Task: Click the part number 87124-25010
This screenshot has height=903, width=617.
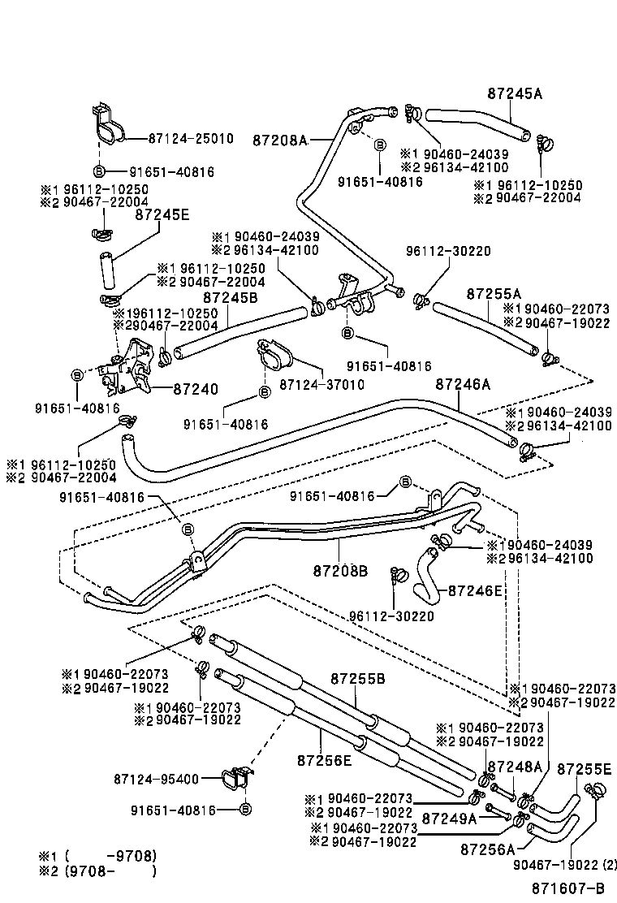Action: [191, 139]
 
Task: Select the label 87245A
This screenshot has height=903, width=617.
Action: [515, 93]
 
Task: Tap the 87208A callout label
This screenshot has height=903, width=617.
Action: [280, 140]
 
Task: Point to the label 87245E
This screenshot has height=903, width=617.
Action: [162, 214]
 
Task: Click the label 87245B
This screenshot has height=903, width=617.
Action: [230, 298]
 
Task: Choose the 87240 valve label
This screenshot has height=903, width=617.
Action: [195, 389]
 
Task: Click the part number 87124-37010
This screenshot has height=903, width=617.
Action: [321, 383]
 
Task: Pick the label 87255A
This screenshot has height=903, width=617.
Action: [494, 293]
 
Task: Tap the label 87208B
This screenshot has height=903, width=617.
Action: [341, 571]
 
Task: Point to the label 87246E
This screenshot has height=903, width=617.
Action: [476, 590]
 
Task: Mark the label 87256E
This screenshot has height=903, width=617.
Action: [324, 760]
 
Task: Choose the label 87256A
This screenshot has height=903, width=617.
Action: [487, 849]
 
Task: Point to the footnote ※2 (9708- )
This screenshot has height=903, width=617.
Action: [97, 871]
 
